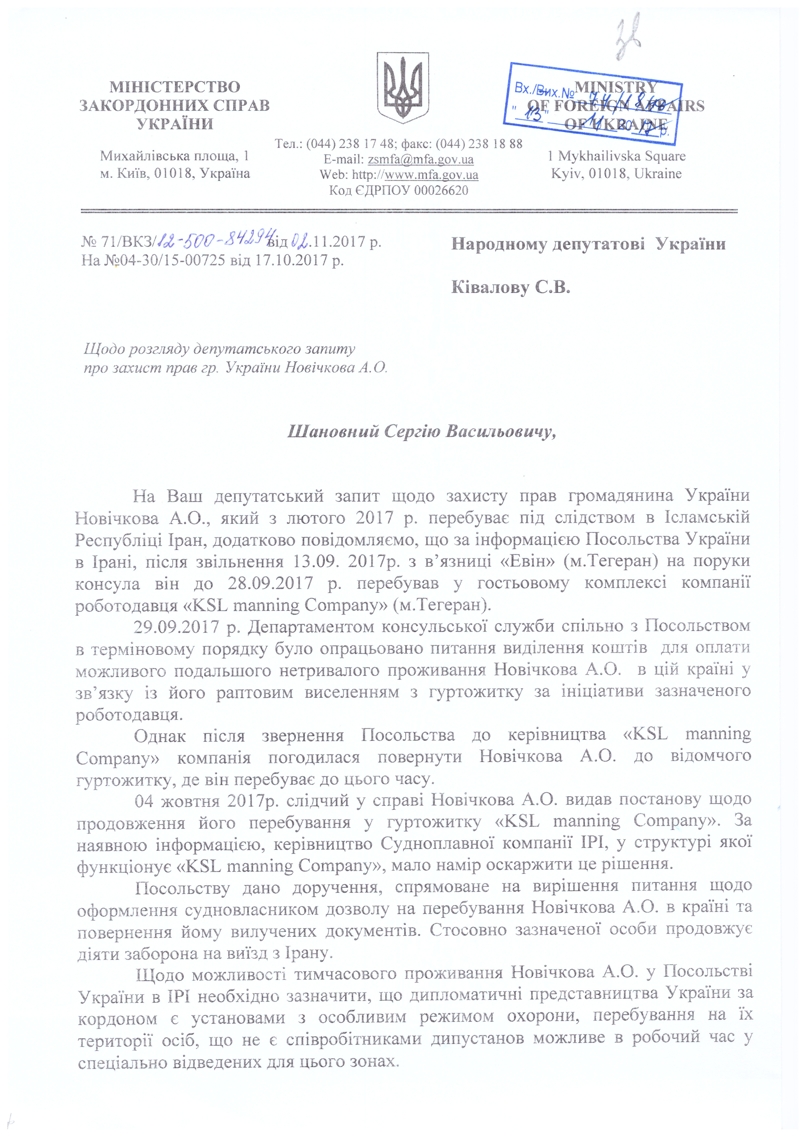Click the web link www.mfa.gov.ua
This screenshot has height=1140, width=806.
(431, 175)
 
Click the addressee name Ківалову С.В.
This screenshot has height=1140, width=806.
(510, 287)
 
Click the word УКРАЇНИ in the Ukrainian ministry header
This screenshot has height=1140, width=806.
(175, 124)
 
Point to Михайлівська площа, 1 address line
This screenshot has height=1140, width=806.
(175, 156)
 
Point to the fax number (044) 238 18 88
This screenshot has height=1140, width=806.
(479, 144)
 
